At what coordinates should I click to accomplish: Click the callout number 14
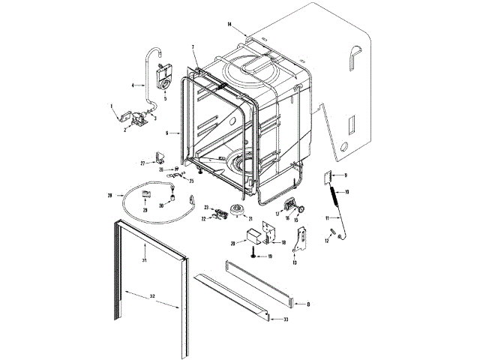click(x=230, y=25)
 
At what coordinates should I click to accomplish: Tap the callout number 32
click(x=152, y=297)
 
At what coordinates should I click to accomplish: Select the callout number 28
click(x=109, y=195)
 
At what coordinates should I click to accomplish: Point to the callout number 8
click(x=307, y=304)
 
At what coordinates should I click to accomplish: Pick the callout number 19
click(x=269, y=256)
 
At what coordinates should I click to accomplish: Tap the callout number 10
click(x=346, y=192)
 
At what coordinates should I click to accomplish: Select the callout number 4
click(x=133, y=86)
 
